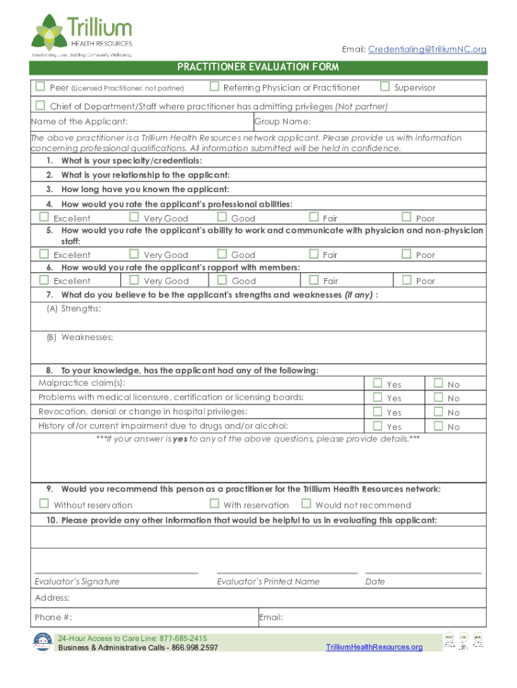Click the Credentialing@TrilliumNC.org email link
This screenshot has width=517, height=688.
[427, 50]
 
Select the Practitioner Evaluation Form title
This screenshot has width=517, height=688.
[258, 67]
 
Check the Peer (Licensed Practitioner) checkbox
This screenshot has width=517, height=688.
[40, 87]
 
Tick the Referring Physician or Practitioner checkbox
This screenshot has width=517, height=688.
[214, 87]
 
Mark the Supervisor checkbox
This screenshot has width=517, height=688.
[385, 87]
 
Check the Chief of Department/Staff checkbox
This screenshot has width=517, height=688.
[40, 105]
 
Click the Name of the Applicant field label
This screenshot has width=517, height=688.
[79, 122]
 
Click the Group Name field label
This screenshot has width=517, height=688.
[282, 122]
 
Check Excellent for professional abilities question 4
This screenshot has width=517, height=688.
[44, 217]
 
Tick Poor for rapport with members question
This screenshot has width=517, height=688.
[406, 280]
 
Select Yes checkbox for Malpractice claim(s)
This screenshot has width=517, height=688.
[377, 384]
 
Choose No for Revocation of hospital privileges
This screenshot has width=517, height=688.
[438, 412]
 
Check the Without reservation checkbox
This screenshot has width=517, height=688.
[44, 504]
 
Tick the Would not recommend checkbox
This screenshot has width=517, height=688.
[306, 504]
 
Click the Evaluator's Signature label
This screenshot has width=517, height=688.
[77, 581]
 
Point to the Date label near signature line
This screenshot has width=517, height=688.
[375, 581]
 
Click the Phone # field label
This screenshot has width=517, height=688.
[53, 617]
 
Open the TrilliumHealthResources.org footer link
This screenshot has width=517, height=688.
[374, 647]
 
